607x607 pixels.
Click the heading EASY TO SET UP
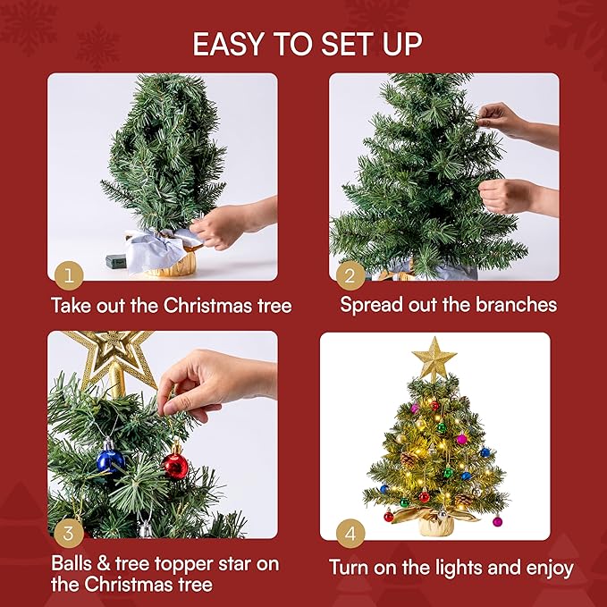pos(308,44)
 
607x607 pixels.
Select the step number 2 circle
pos(351,272)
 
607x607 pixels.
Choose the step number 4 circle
pos(351,534)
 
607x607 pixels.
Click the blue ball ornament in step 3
pos(111,459)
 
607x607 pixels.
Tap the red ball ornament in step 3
pos(176,465)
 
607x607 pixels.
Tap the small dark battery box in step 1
pos(118,262)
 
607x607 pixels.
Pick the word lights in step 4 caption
pos(484,568)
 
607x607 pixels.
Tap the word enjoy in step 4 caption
pos(546,569)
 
